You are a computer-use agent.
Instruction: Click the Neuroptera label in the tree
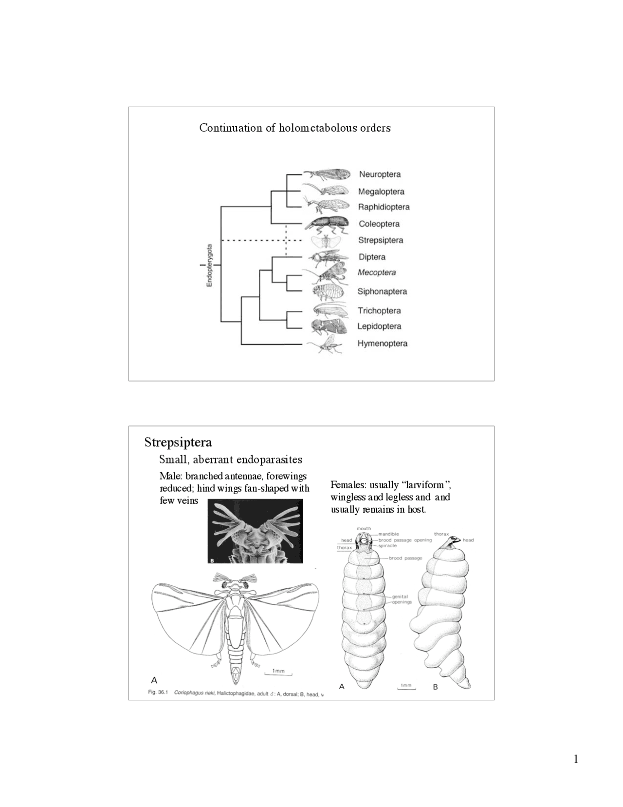point(380,174)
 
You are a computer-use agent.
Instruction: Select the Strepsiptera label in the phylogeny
point(380,240)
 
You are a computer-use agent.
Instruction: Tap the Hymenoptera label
point(382,344)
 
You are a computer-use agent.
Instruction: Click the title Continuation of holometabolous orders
point(294,128)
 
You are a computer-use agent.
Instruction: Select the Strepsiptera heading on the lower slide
point(178,442)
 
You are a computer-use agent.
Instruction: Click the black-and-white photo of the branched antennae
point(255,532)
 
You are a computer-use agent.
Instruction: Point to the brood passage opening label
point(405,540)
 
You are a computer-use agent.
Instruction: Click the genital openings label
point(402,599)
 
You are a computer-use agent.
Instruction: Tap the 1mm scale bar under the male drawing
point(278,672)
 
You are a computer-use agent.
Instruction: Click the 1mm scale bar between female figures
point(405,687)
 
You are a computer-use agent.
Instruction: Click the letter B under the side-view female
point(435,687)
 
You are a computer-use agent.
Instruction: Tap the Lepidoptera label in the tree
point(379,327)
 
